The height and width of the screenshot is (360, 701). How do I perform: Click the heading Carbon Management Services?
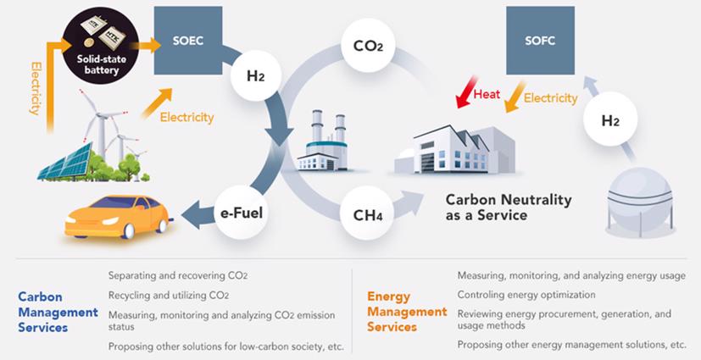tap(58, 311)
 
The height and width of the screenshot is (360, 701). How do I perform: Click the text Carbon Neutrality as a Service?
tap(509, 208)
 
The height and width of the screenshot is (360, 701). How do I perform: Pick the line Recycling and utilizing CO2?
tap(169, 296)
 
